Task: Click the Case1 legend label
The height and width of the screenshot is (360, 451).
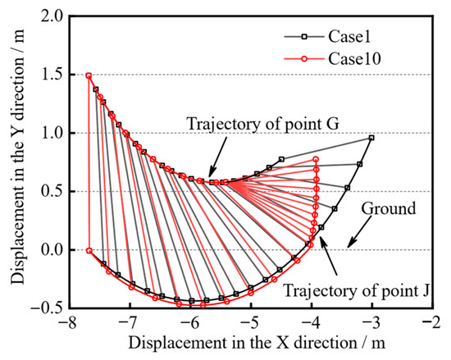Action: pos(349,37)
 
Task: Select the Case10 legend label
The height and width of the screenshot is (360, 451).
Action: pos(354,59)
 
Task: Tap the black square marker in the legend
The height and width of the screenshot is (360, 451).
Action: pos(304,37)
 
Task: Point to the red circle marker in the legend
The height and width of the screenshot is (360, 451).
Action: pos(304,59)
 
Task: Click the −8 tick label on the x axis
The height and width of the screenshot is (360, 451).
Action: pos(66,322)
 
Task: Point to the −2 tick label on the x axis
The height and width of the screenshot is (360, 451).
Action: pos(430,322)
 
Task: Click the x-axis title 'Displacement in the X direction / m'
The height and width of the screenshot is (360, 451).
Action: pos(257,343)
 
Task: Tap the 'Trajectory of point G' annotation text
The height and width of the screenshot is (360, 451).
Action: pos(263,124)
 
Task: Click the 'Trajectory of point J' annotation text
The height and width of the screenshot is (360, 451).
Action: pos(357,290)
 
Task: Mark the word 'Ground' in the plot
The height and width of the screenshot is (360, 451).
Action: pos(389,208)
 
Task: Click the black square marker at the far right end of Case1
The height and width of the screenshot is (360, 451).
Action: pos(371,138)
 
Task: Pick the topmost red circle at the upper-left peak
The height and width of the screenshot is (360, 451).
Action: pos(89,75)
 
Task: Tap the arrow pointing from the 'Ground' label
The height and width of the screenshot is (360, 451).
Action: pos(359,233)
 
